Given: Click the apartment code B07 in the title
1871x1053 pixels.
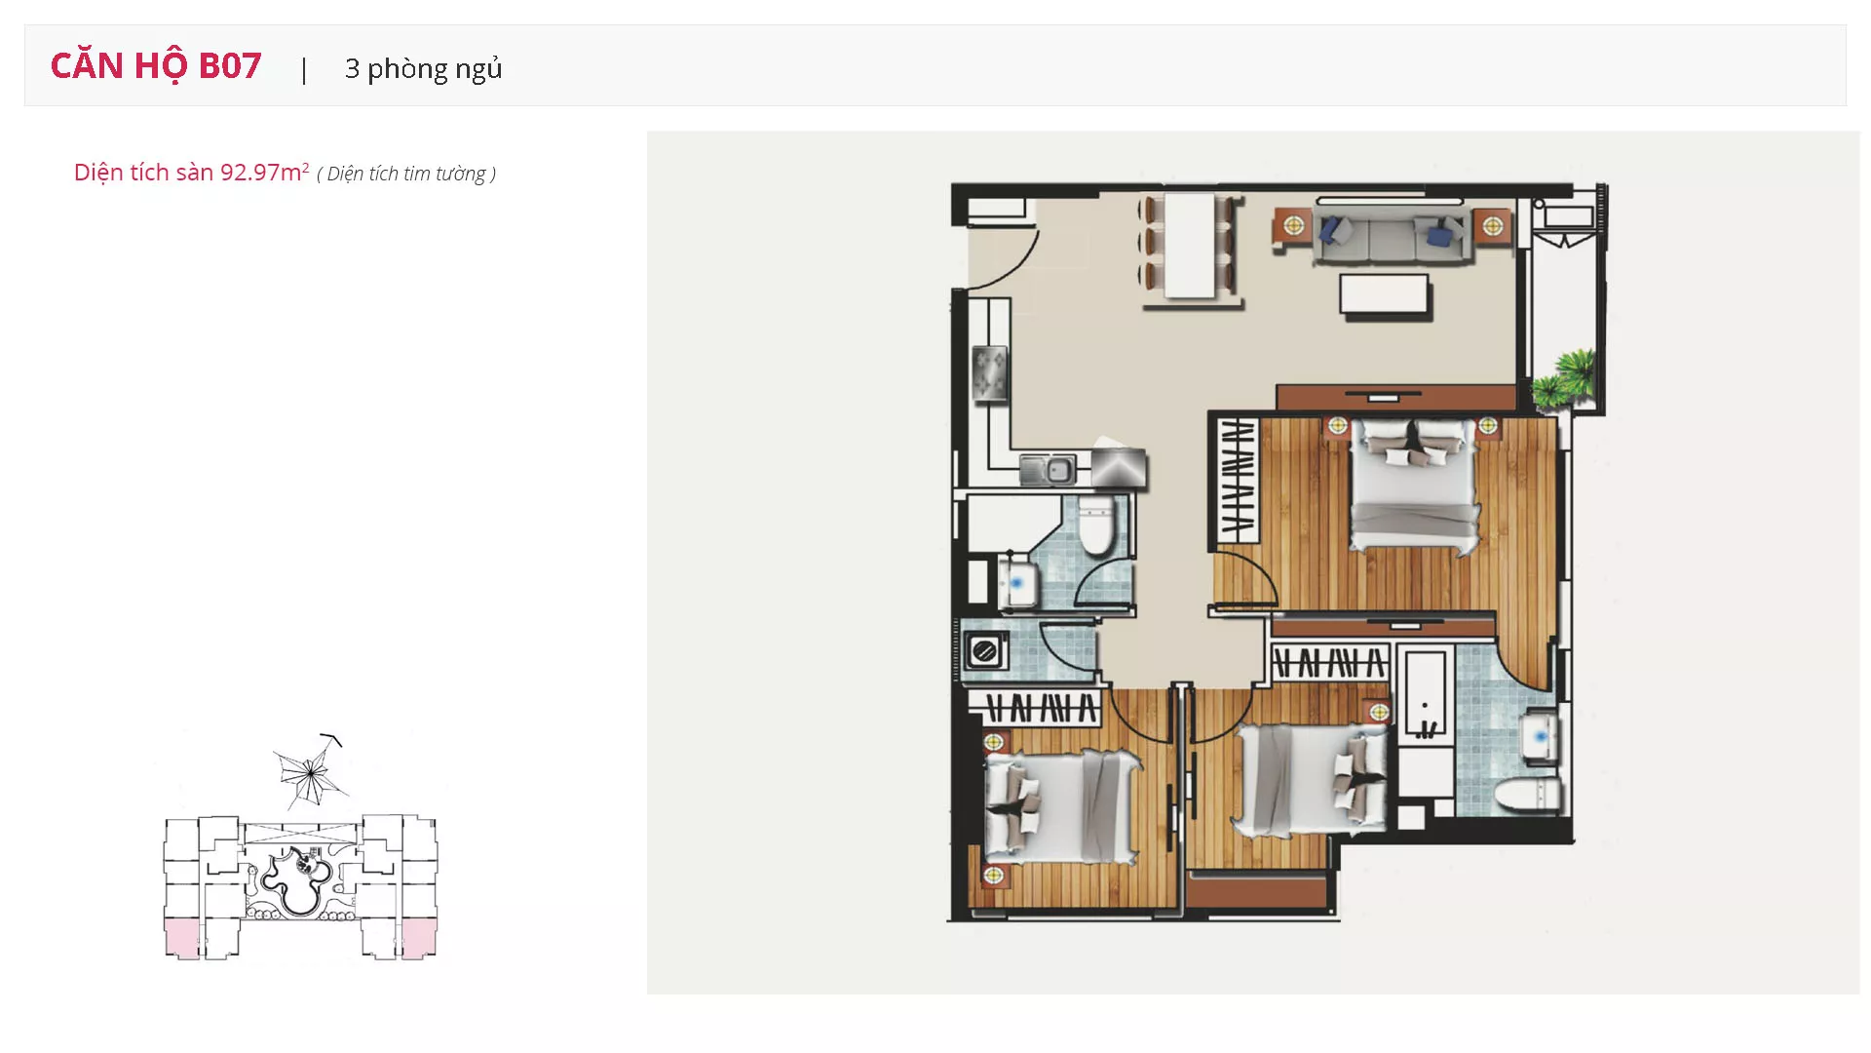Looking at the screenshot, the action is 230,65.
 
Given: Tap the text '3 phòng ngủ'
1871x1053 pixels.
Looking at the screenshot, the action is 424,68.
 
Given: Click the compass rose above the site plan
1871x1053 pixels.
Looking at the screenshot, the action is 309,772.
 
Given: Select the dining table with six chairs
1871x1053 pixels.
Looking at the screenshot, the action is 1190,245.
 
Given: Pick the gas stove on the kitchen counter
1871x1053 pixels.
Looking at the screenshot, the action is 990,374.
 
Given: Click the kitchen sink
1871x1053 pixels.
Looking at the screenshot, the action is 1048,470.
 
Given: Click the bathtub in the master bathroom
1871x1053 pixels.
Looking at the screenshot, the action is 1426,695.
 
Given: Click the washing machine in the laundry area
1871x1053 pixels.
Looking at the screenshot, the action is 985,650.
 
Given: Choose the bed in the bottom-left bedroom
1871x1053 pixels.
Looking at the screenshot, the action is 1061,806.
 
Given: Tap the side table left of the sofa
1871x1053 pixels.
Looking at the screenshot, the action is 1293,227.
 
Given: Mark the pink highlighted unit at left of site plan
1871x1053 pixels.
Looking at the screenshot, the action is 182,938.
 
